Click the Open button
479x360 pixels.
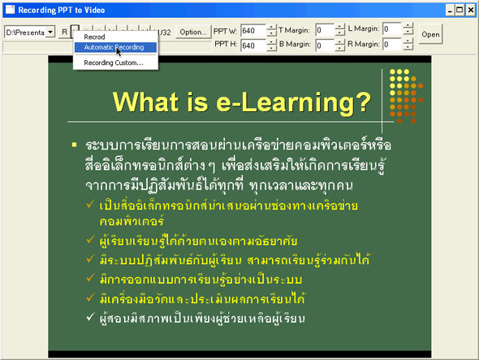(x=430, y=35)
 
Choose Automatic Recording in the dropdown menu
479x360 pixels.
(x=114, y=47)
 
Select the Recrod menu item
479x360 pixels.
(x=94, y=37)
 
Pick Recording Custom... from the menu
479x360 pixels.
(x=114, y=63)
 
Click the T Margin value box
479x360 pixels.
(x=324, y=31)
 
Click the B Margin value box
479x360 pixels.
(x=324, y=45)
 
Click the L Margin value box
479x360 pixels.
(x=391, y=31)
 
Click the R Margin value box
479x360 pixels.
(x=391, y=45)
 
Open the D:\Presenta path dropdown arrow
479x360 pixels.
(x=50, y=33)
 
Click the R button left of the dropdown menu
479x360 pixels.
(x=64, y=33)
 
